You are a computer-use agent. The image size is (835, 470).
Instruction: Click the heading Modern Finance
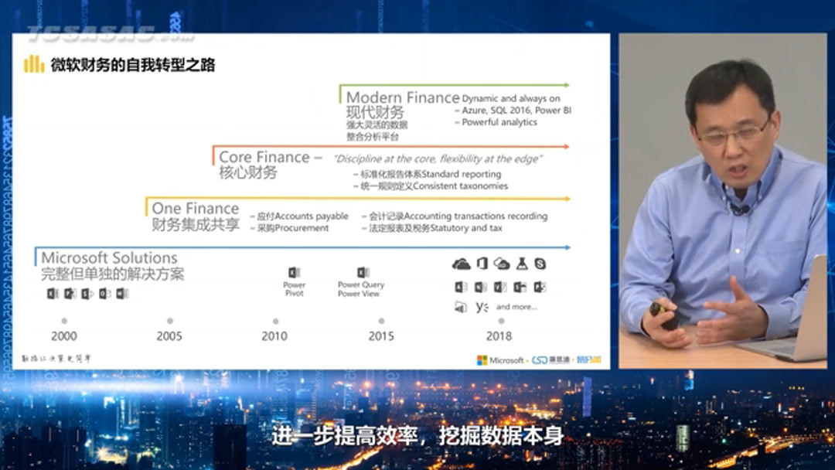[x=402, y=98]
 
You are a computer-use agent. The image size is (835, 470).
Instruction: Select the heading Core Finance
[x=264, y=158]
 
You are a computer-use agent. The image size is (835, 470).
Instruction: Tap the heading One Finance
[x=195, y=209]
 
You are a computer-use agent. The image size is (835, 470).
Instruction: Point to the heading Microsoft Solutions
[x=109, y=258]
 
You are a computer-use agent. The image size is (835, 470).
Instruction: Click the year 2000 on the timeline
[x=63, y=336]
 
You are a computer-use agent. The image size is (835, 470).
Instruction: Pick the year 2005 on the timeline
[x=169, y=336]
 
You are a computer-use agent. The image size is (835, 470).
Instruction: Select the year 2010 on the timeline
[x=274, y=336]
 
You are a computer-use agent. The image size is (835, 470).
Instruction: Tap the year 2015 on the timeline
[x=380, y=336]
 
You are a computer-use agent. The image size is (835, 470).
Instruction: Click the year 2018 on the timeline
[x=499, y=336]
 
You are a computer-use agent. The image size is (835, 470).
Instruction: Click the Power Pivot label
[x=294, y=289]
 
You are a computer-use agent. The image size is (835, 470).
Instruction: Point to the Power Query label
[x=361, y=285]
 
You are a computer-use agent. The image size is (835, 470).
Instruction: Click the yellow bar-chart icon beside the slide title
[x=33, y=64]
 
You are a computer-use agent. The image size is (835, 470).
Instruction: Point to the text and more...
[x=516, y=308]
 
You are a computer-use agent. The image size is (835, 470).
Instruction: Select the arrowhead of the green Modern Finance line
[x=566, y=85]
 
